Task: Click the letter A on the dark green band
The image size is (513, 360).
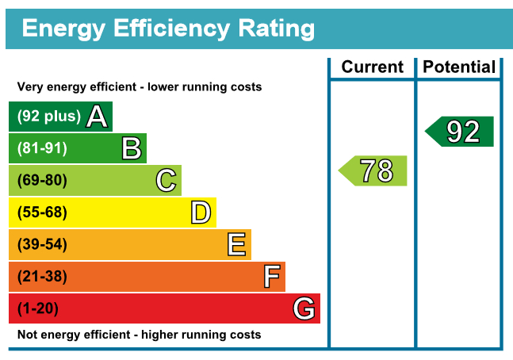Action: pyautogui.click(x=97, y=117)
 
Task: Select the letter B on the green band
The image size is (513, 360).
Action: pyautogui.click(x=132, y=148)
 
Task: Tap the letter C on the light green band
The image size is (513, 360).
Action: pyautogui.click(x=166, y=181)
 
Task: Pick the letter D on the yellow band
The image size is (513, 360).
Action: pyautogui.click(x=201, y=213)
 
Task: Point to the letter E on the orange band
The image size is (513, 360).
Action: pyautogui.click(x=236, y=245)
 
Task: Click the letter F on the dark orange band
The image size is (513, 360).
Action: pyautogui.click(x=271, y=277)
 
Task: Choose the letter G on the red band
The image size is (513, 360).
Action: pyautogui.click(x=304, y=308)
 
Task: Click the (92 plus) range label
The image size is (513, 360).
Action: pyautogui.click(x=49, y=117)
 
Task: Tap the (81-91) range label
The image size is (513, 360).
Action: pyautogui.click(x=42, y=148)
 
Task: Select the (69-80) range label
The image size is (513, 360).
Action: pyautogui.click(x=42, y=181)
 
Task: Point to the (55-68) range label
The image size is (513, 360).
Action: pyautogui.click(x=42, y=213)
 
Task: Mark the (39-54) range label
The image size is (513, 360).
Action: pyautogui.click(x=42, y=245)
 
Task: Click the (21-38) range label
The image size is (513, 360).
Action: pyautogui.click(x=42, y=277)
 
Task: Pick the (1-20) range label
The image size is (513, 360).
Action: pyautogui.click(x=38, y=308)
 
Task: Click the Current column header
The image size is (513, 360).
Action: pyautogui.click(x=372, y=67)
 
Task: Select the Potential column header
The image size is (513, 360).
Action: pyautogui.click(x=459, y=67)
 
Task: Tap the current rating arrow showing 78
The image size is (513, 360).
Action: pyautogui.click(x=373, y=170)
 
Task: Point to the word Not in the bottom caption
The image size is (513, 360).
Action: pyautogui.click(x=27, y=335)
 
